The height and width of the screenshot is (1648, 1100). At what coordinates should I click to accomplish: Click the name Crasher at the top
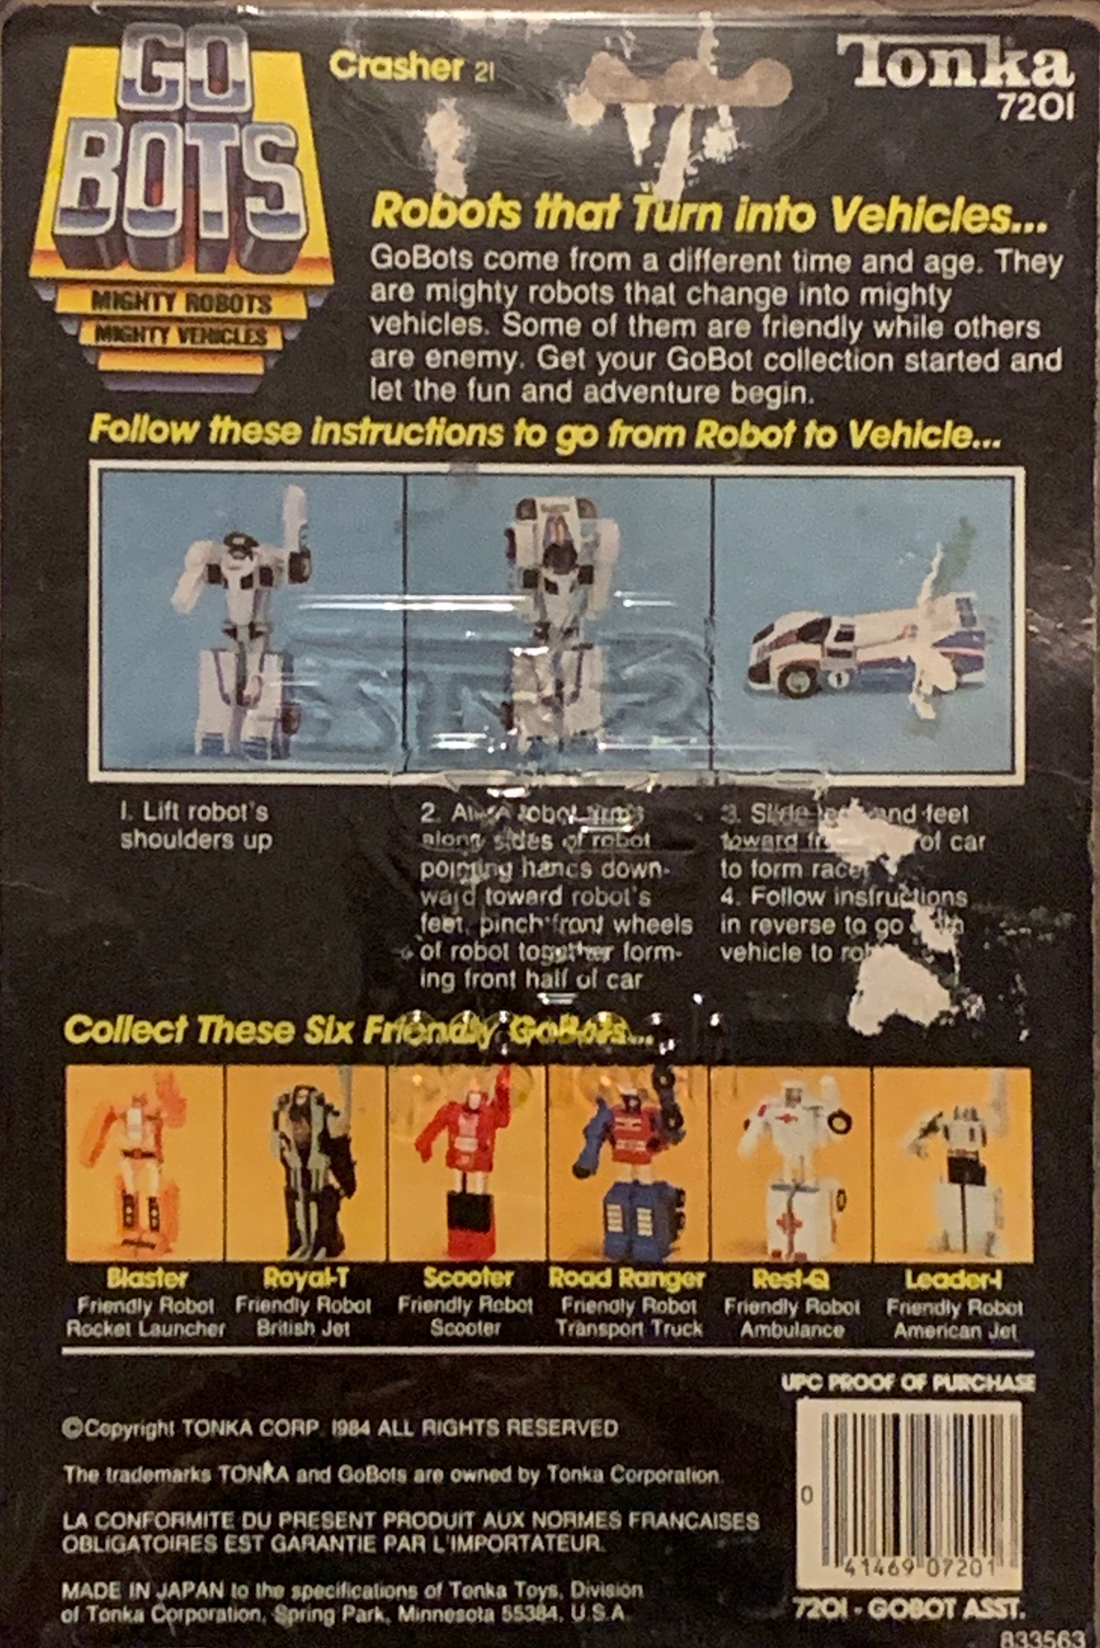click(x=396, y=67)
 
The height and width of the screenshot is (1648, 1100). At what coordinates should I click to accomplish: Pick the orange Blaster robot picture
click(x=144, y=1162)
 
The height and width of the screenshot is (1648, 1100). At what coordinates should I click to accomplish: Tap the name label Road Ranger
click(x=627, y=1279)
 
